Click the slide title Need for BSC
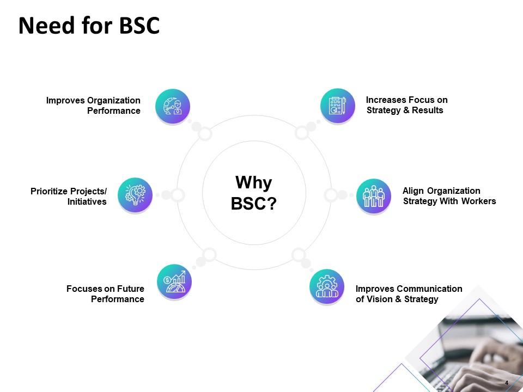click(89, 26)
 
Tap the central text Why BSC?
click(254, 193)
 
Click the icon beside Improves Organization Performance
click(173, 106)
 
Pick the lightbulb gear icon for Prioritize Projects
click(135, 195)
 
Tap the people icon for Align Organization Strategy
click(374, 196)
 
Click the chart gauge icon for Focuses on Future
click(174, 282)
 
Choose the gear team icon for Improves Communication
click(327, 286)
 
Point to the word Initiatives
click(87, 202)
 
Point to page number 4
click(507, 383)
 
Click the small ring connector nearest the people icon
click(331, 195)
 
